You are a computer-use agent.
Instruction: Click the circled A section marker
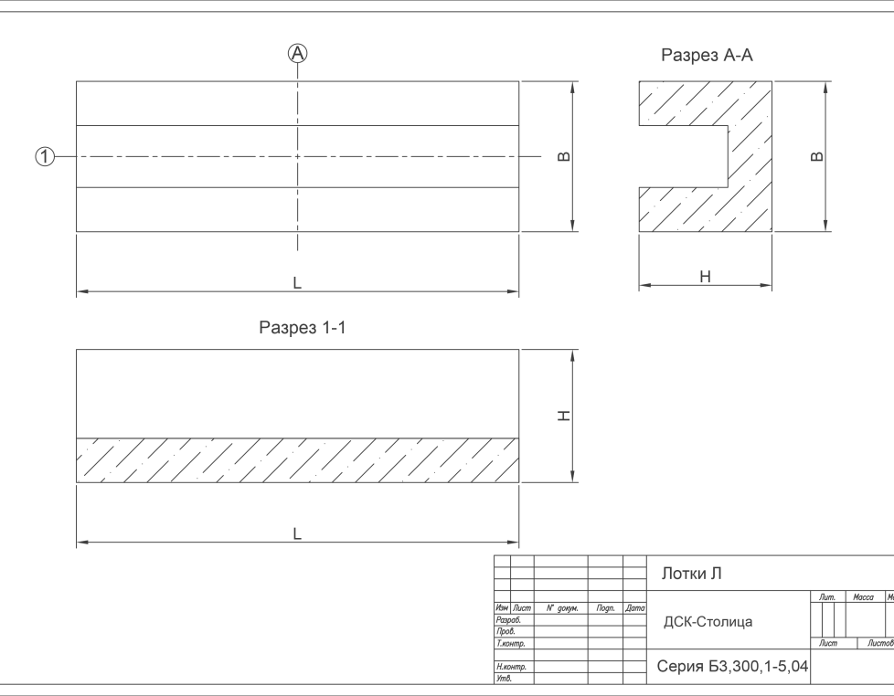click(297, 54)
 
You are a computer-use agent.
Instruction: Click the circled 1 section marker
click(45, 156)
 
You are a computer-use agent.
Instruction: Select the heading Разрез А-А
click(707, 55)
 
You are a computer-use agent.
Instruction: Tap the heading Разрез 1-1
click(303, 328)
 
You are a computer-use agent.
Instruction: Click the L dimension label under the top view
click(297, 282)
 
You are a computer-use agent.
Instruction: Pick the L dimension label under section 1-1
click(297, 533)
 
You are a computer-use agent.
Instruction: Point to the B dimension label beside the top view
click(563, 156)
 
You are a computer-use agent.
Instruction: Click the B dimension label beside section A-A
click(817, 156)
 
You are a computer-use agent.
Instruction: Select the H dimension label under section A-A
click(706, 277)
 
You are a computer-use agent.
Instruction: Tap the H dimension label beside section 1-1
click(563, 416)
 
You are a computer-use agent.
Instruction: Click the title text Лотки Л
click(692, 574)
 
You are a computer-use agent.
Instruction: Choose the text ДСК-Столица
click(708, 621)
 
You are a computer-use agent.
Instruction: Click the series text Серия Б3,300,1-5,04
click(732, 666)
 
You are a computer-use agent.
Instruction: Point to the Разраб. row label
click(508, 620)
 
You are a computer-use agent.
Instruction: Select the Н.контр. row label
click(511, 667)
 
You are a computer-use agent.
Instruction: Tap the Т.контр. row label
click(510, 644)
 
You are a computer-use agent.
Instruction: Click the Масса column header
click(863, 596)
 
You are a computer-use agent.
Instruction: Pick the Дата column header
click(635, 608)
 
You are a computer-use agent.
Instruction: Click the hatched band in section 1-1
click(298, 460)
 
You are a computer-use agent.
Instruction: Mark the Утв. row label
click(504, 679)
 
